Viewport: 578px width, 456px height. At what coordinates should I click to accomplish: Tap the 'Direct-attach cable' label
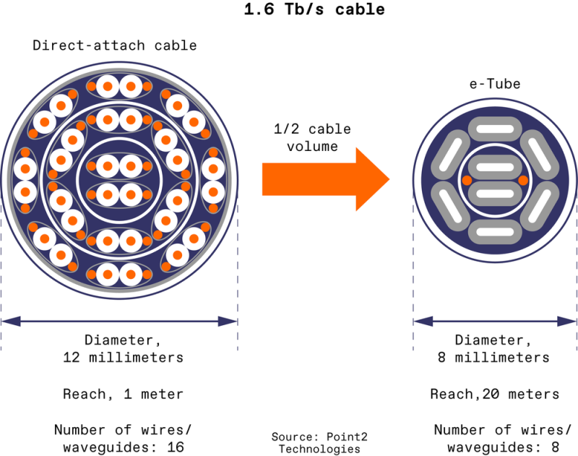[115, 46]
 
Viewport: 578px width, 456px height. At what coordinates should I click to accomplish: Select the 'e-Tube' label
[496, 85]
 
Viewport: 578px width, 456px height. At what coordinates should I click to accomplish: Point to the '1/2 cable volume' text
[311, 138]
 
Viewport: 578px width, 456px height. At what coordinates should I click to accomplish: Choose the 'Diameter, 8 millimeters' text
[495, 348]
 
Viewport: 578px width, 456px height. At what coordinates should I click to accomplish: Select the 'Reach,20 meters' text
[495, 394]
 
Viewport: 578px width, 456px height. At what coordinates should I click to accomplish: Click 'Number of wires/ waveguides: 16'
[119, 439]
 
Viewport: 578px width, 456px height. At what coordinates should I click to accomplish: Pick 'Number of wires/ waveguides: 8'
[495, 439]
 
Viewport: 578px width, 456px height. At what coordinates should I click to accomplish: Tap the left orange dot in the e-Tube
[467, 179]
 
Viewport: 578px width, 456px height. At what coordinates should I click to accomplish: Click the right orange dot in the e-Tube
[523, 179]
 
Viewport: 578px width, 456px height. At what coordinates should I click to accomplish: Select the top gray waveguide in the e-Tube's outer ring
[495, 129]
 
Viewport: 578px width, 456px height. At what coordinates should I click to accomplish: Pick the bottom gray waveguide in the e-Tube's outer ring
[495, 231]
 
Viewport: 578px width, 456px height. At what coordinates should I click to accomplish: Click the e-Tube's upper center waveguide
[495, 167]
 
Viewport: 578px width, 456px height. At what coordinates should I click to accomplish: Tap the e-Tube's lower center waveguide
[495, 193]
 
